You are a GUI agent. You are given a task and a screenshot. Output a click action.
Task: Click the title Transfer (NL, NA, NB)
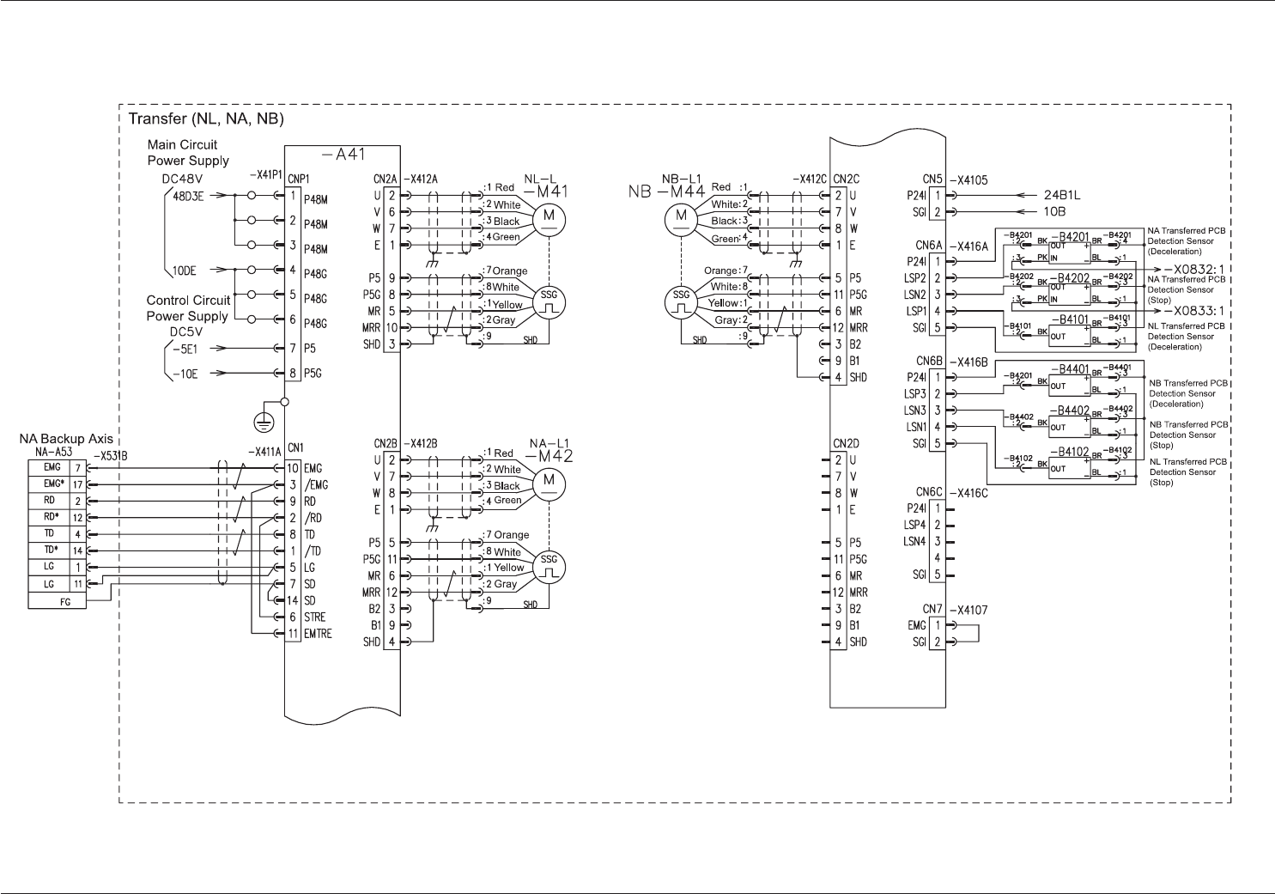206,119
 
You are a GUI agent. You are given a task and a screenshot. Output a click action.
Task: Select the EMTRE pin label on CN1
318,634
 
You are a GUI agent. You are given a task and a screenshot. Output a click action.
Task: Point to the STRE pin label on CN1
314,617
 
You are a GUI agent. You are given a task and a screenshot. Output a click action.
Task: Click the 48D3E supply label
189,196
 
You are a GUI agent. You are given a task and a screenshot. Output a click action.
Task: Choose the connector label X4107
968,611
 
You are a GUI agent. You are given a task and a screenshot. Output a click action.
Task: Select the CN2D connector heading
847,443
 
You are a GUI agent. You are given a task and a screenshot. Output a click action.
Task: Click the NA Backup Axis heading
66,439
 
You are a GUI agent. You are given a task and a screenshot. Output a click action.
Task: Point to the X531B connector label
110,454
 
